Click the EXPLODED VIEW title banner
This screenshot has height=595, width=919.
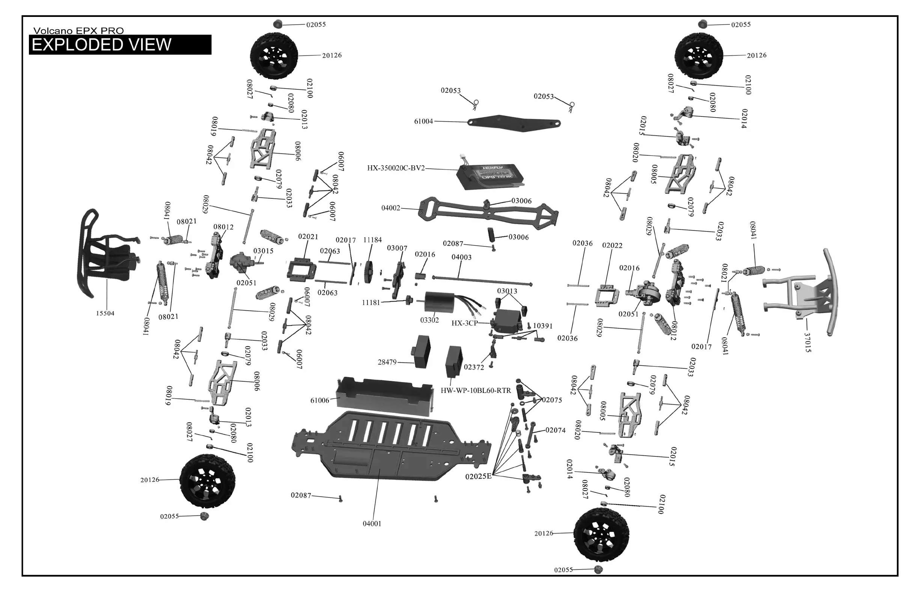120,45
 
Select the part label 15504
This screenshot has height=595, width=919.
105,313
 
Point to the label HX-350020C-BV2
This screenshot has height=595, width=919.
396,168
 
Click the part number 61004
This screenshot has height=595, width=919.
423,121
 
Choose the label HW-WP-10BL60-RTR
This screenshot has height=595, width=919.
476,391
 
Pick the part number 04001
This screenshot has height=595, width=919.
372,524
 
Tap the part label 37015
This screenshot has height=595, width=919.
808,342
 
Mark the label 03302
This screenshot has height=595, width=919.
429,320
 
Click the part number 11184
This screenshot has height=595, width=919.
372,240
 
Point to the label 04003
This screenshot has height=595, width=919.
461,257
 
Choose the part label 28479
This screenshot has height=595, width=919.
387,362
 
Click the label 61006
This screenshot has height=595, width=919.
320,400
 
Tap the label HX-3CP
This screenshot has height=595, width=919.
464,323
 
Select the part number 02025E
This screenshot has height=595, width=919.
478,476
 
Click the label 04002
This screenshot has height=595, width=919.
391,208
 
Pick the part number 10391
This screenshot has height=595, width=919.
542,326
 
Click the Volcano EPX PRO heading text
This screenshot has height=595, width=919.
78,31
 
